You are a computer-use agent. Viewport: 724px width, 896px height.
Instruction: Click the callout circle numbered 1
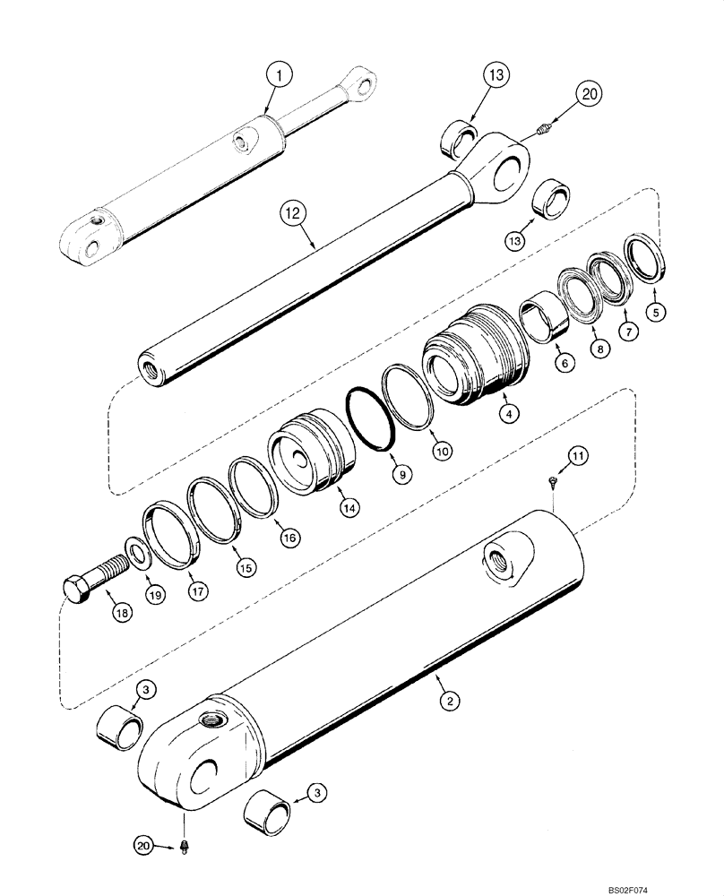click(x=280, y=79)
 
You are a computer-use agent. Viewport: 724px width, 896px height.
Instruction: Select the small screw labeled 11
click(x=554, y=483)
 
